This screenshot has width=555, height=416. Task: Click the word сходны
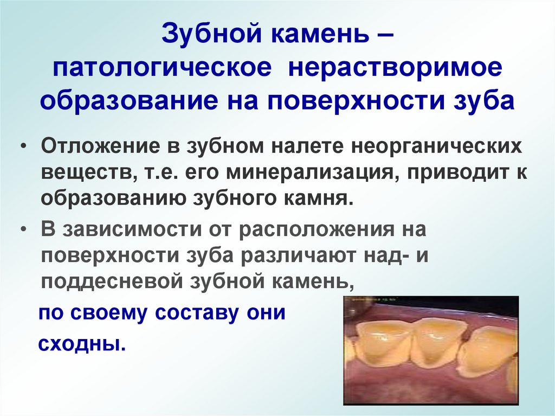81,344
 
